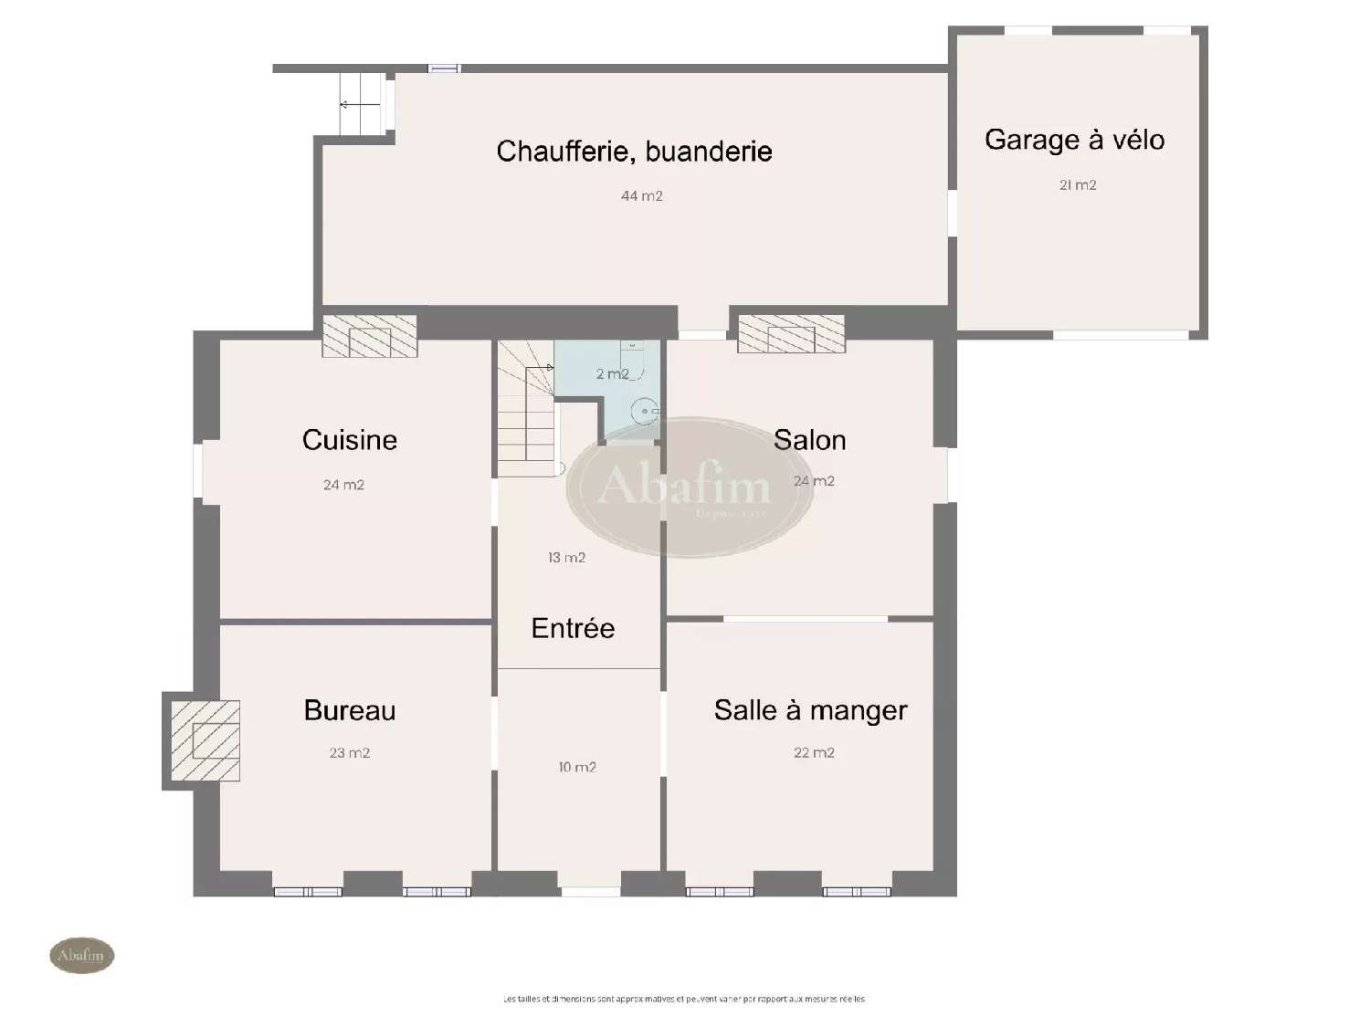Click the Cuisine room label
[x=350, y=440]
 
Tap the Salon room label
[x=809, y=440]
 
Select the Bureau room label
[x=350, y=710]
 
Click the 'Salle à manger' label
[x=810, y=710]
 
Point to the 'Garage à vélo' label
[x=1074, y=140]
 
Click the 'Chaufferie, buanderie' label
[x=634, y=152]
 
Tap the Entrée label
[x=573, y=628]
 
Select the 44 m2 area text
[x=641, y=196]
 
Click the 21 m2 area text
[x=1078, y=185]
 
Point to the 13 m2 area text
[x=566, y=558]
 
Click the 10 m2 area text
[x=577, y=768]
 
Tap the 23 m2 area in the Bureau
[x=350, y=753]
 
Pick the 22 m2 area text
[x=814, y=753]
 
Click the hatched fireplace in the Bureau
[x=205, y=740]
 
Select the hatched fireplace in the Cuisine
[x=370, y=337]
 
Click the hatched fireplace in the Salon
[x=791, y=334]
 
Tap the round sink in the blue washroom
[x=645, y=412]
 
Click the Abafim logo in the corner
[x=81, y=956]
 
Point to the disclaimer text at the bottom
[x=683, y=999]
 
